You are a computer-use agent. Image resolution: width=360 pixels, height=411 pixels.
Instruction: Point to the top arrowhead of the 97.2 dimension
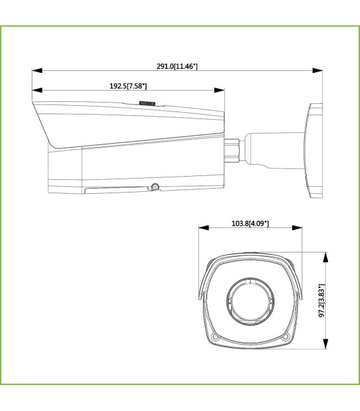[x=326, y=255]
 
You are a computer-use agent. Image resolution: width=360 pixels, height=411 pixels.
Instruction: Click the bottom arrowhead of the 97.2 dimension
[x=326, y=346]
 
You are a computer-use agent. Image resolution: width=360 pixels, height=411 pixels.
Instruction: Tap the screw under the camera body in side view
[x=154, y=187]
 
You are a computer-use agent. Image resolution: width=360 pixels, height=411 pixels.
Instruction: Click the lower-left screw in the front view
[x=215, y=336]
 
